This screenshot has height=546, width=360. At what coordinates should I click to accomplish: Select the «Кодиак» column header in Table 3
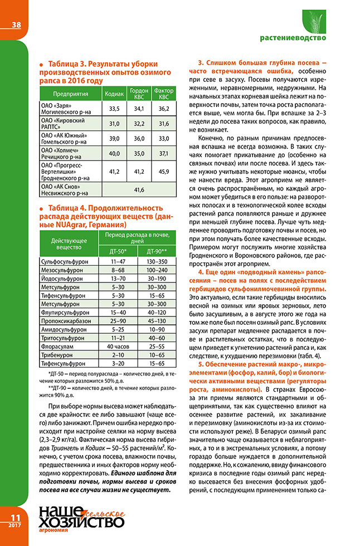click(x=115, y=93)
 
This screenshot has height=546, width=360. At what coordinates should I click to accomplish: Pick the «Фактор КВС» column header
click(x=163, y=93)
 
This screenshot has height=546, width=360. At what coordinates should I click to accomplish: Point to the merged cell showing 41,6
click(x=139, y=190)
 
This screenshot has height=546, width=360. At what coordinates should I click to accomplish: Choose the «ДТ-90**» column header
click(x=157, y=251)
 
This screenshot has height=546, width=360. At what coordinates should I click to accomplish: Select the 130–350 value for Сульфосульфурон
click(x=157, y=261)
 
